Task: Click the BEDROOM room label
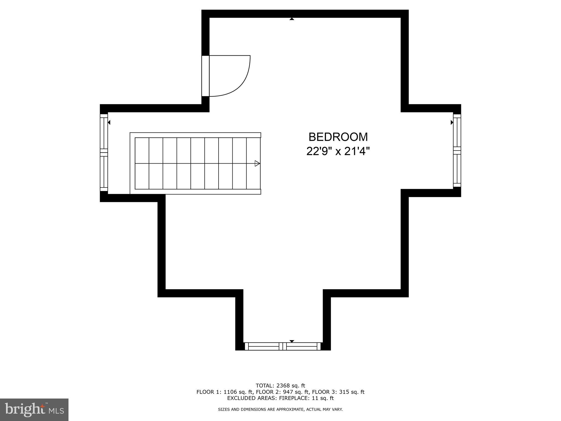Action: tap(338, 137)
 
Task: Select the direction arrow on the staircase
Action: tap(257, 163)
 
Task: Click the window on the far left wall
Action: tap(104, 152)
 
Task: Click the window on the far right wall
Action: tap(457, 150)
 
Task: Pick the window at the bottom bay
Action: tap(282, 346)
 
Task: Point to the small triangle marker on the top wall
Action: tap(292, 19)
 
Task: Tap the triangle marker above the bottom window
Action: tap(292, 341)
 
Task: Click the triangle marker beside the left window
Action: tap(109, 123)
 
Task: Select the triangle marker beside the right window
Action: tap(452, 123)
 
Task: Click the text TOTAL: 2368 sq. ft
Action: tap(280, 386)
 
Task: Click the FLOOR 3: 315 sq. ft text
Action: tap(338, 392)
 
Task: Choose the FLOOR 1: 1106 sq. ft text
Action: tap(222, 392)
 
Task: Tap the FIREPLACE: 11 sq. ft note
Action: tap(306, 398)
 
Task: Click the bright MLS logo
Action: tap(34, 409)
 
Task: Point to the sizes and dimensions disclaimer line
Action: tap(280, 409)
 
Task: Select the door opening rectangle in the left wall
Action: tap(205, 76)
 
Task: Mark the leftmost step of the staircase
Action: tap(142, 163)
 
